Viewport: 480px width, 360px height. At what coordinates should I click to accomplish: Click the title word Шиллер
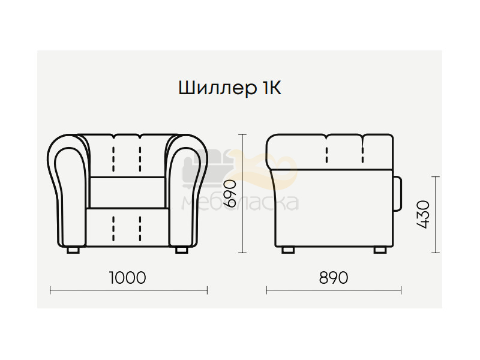[218, 88]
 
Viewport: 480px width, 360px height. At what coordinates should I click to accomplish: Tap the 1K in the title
[272, 88]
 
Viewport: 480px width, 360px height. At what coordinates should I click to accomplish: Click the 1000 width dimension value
[127, 278]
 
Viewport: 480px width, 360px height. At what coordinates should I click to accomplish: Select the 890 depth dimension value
[334, 278]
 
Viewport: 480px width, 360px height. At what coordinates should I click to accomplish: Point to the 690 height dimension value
[230, 193]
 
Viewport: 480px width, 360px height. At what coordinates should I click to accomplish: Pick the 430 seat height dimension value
[423, 214]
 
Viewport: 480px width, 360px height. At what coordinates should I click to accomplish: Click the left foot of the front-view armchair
[73, 250]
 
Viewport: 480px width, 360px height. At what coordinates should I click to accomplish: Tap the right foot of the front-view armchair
[182, 250]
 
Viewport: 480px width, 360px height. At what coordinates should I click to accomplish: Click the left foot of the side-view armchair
[288, 250]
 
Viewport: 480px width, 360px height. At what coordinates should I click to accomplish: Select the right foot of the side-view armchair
[380, 250]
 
